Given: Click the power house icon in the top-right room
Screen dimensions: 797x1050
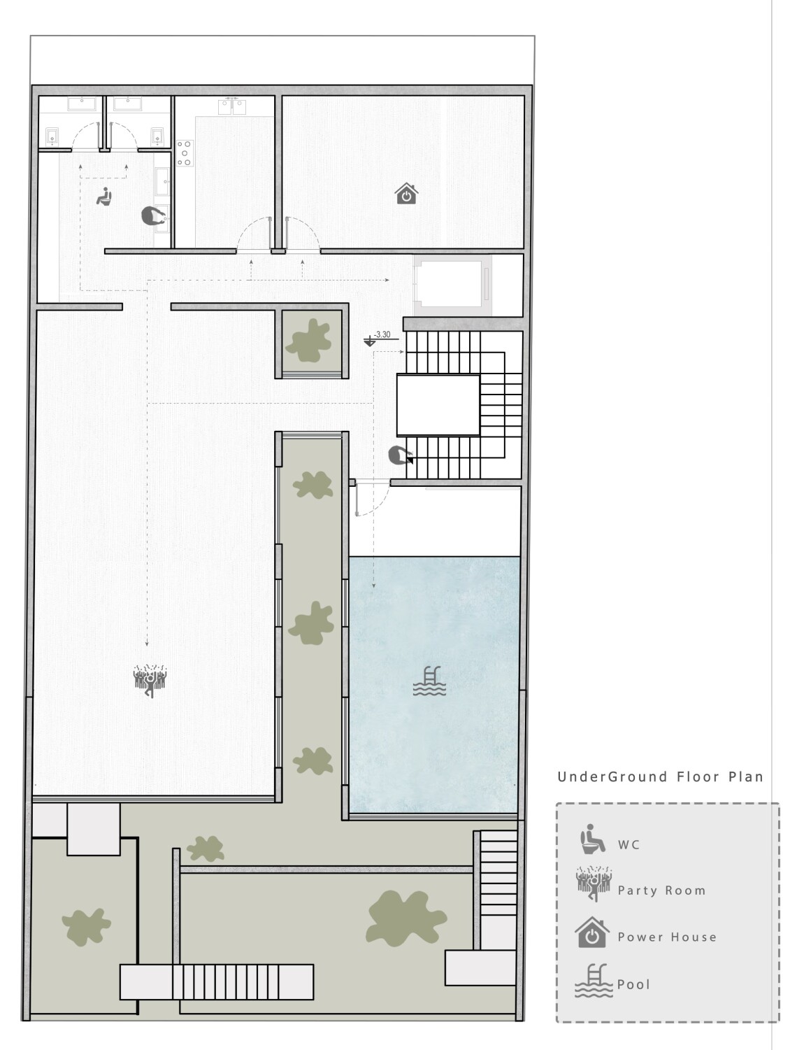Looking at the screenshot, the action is click(x=406, y=194).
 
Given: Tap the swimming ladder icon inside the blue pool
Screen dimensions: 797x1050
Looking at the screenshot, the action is click(x=429, y=681).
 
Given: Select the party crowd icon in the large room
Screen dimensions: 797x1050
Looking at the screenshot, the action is click(x=150, y=680).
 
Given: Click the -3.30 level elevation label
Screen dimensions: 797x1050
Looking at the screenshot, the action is click(x=382, y=334).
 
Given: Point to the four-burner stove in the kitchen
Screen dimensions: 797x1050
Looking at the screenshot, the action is click(x=185, y=153).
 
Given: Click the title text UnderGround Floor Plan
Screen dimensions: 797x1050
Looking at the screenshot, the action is click(x=660, y=776).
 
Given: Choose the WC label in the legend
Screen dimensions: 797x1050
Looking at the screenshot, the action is click(x=629, y=844).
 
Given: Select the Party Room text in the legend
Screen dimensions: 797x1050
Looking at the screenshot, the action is click(x=661, y=891).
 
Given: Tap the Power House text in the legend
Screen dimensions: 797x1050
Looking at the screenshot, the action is click(x=667, y=937).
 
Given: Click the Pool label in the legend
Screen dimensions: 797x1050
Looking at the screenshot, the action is click(x=633, y=984).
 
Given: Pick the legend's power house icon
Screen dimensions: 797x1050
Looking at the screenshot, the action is click(x=592, y=932).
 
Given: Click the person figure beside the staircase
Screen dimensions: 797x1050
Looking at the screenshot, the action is click(x=401, y=455).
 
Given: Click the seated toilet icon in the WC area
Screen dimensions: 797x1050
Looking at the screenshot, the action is click(x=103, y=196).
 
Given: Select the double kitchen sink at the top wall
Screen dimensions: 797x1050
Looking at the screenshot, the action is click(x=232, y=106).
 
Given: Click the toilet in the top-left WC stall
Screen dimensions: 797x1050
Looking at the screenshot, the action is click(x=52, y=136).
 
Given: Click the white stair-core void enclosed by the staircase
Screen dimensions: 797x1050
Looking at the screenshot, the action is click(x=438, y=405).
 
